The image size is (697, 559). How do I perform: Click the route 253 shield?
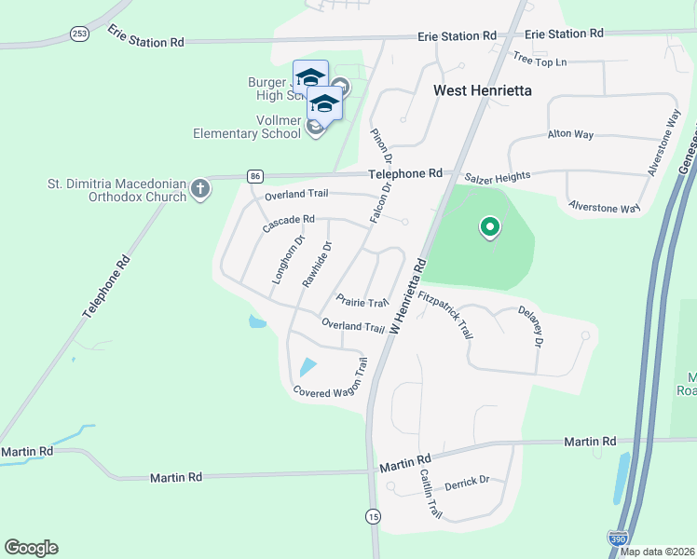[x=79, y=34]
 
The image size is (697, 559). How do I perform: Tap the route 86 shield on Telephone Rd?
[x=254, y=176]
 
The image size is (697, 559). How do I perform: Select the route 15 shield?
[x=374, y=515]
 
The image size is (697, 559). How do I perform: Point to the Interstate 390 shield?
[x=617, y=539]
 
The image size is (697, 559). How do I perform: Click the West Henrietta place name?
[x=482, y=91]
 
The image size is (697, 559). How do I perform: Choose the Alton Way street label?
[x=570, y=134]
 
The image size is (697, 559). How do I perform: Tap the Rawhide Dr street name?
[x=318, y=265]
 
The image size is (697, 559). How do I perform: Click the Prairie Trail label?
[x=362, y=302]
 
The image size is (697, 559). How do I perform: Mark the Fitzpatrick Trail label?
[x=446, y=317]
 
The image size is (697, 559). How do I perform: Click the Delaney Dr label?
[x=529, y=329]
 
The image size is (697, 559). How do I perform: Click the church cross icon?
[x=200, y=190]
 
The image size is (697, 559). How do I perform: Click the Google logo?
[x=31, y=548]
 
